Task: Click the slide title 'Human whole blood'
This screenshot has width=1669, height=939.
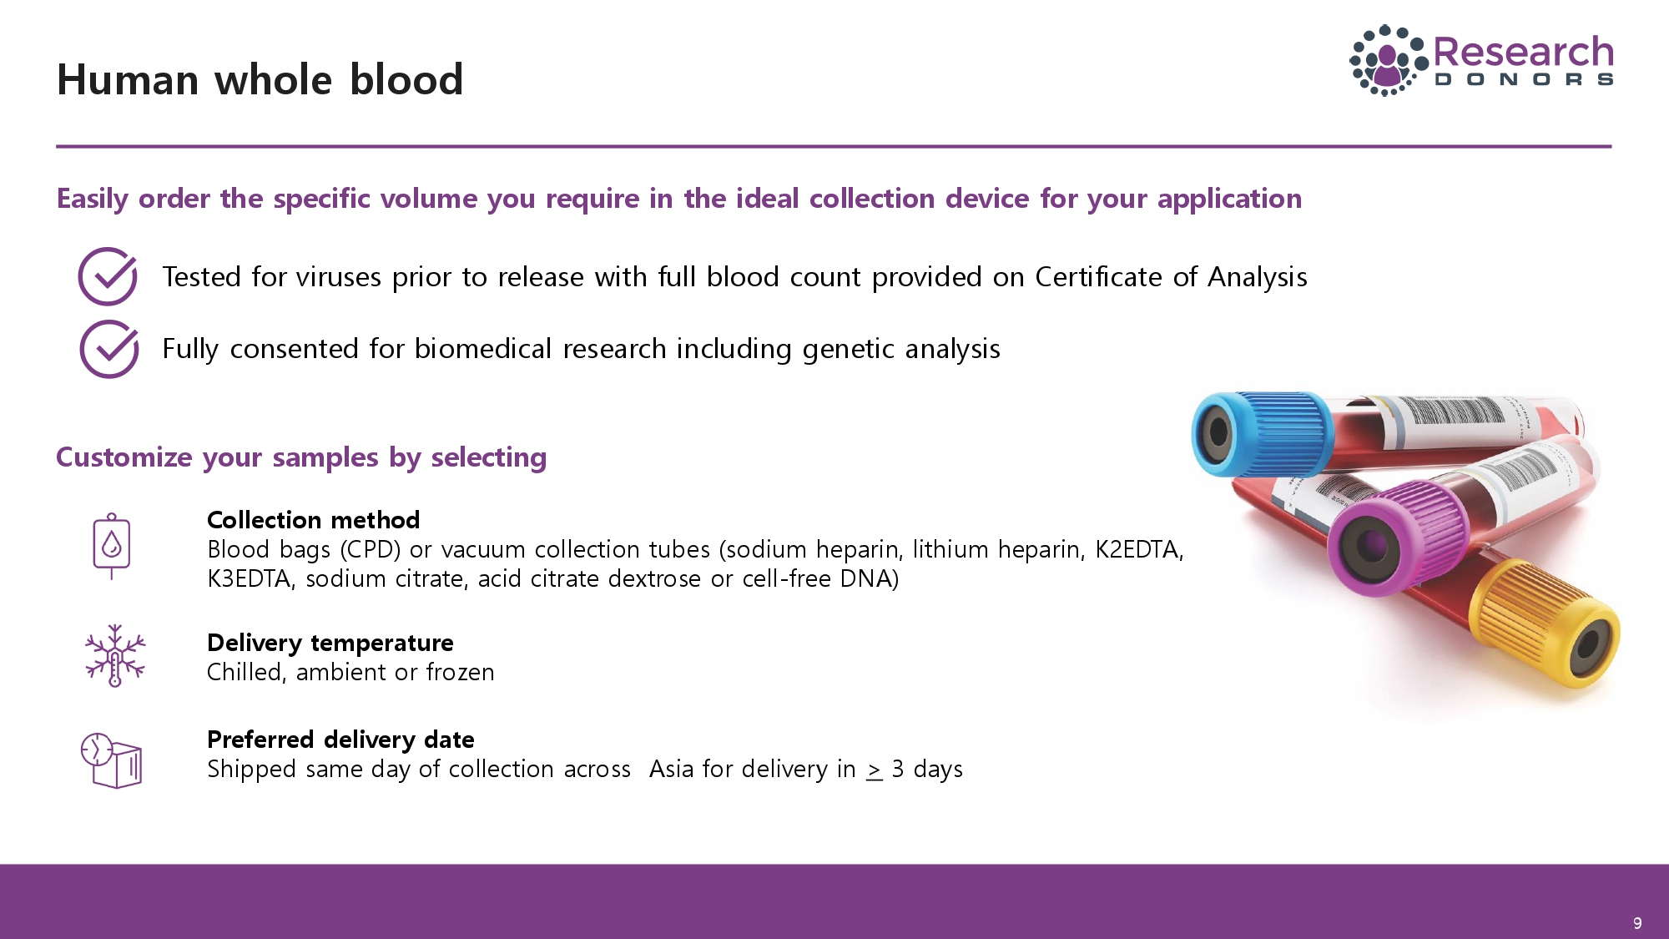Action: (x=260, y=80)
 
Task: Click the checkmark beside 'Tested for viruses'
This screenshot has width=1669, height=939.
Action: (x=108, y=276)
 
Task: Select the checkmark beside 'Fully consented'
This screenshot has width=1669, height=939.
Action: (x=109, y=349)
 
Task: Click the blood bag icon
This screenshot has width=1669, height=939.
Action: (x=112, y=547)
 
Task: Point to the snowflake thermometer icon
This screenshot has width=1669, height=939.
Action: (x=115, y=656)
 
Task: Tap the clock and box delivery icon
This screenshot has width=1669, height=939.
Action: (x=111, y=760)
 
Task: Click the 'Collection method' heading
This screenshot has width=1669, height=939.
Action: (x=313, y=520)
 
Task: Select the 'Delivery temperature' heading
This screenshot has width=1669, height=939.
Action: (x=330, y=643)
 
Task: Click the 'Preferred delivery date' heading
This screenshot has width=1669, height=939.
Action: (x=340, y=740)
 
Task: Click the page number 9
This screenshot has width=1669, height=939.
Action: (x=1637, y=923)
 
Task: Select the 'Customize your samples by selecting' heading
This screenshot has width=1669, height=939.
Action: (x=301, y=457)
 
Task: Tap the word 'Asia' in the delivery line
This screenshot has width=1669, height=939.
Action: (x=672, y=769)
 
